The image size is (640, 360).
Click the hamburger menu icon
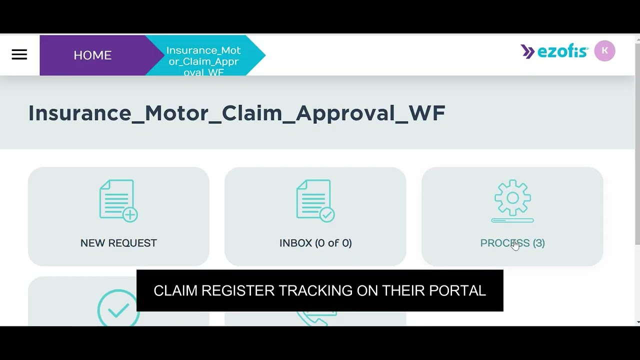coord(19,54)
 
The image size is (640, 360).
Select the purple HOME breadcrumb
coord(92,55)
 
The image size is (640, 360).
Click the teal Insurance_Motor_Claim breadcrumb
coord(203,61)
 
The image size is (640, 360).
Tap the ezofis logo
coord(555,51)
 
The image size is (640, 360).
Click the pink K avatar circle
coord(604,50)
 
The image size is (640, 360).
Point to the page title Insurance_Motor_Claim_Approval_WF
coord(236,113)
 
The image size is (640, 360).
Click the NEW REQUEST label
coord(118,243)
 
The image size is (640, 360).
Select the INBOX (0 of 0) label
coord(315,243)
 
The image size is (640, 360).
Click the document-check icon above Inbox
coord(315,200)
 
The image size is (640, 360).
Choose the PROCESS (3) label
coord(512,243)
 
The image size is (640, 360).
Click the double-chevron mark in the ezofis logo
coord(527,51)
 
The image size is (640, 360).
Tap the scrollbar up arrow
coord(636,38)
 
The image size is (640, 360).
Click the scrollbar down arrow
coord(636,321)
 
